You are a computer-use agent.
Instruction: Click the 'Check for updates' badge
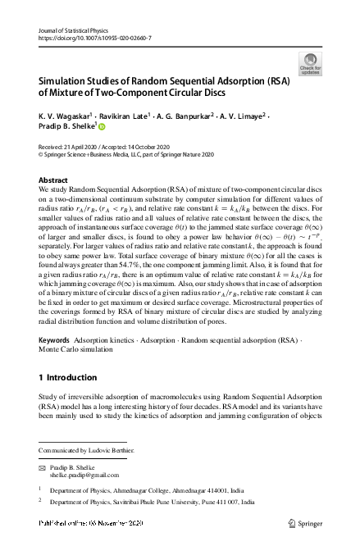pos(312,61)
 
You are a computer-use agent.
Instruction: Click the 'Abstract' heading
pos(55,179)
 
